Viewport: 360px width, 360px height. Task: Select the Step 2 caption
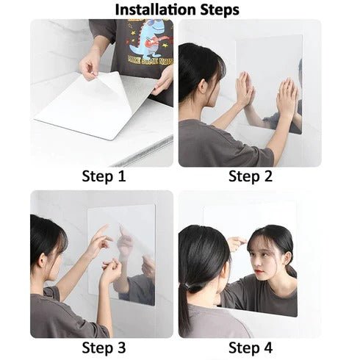click(251, 176)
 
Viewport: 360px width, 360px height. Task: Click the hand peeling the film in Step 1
click(90, 67)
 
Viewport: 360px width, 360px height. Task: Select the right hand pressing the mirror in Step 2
click(287, 96)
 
